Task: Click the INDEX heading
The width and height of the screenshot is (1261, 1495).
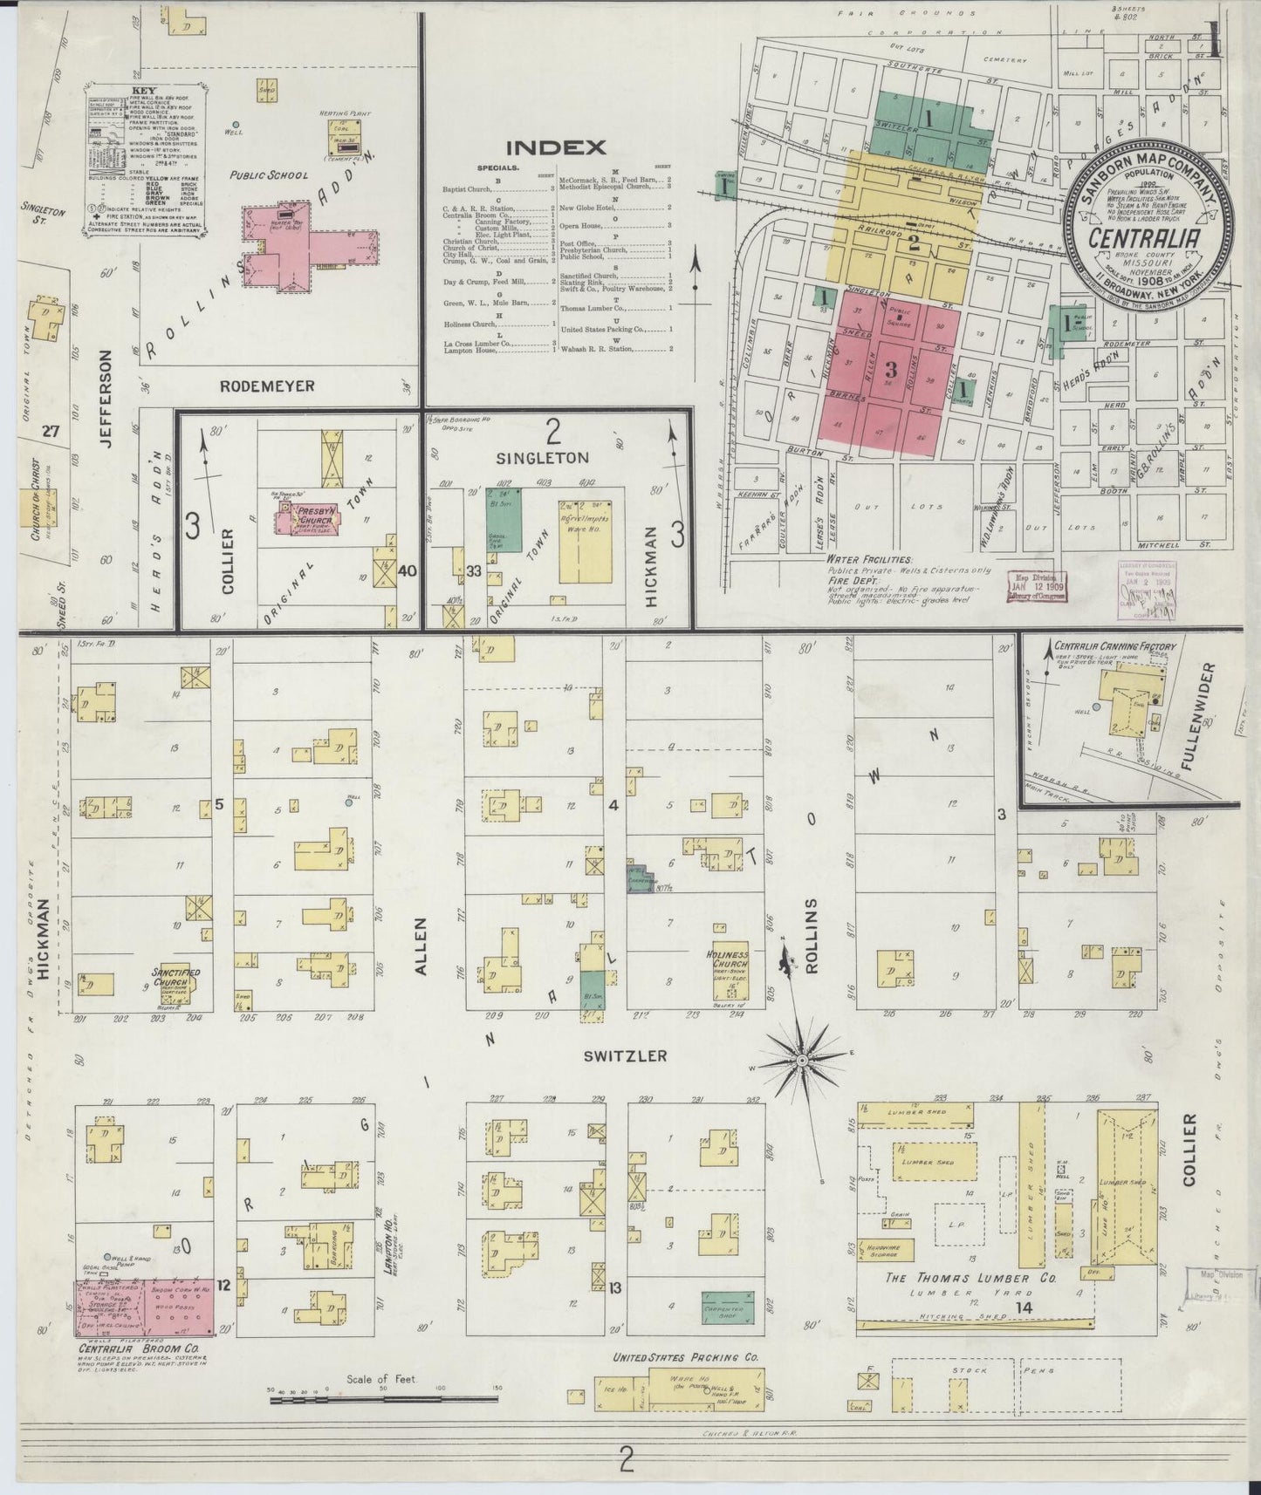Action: [555, 147]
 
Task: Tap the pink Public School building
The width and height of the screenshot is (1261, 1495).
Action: [310, 248]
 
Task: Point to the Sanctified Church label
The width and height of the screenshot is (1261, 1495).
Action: [176, 977]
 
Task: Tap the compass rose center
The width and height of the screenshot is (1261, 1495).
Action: [801, 1060]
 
